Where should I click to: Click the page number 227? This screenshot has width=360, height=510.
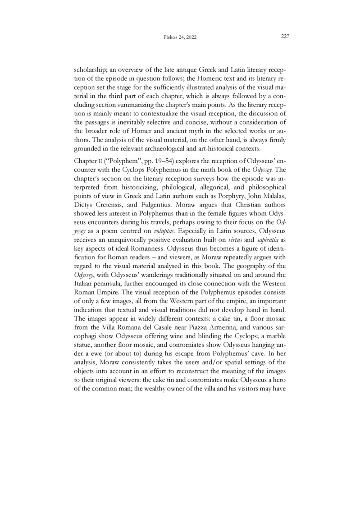pyautogui.click(x=285, y=37)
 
